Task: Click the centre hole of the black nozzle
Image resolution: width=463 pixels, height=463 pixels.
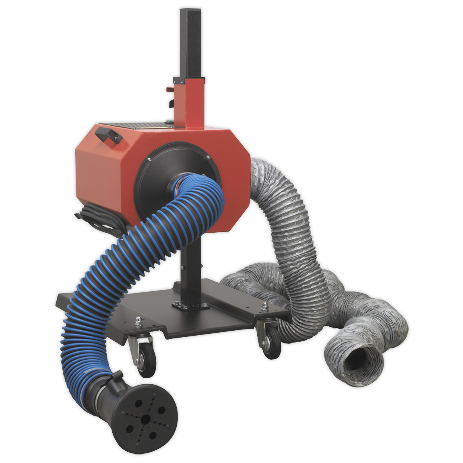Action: (146, 418)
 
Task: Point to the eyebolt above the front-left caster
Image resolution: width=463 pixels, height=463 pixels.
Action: (138, 320)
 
